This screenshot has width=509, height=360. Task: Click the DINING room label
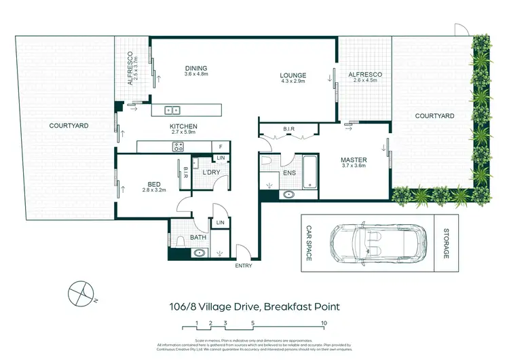pyautogui.click(x=196, y=68)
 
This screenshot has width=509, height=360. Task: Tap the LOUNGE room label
pyautogui.click(x=293, y=75)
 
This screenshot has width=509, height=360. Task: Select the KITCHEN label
pyautogui.click(x=183, y=126)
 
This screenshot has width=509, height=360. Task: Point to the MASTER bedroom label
pyautogui.click(x=353, y=160)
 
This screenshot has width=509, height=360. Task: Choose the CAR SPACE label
pyautogui.click(x=309, y=243)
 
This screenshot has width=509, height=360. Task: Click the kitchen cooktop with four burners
pyautogui.click(x=178, y=146)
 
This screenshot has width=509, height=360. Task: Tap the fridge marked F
pyautogui.click(x=221, y=146)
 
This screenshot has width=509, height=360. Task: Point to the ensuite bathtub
pyautogui.click(x=311, y=173)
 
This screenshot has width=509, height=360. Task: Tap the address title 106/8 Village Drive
pyautogui.click(x=254, y=306)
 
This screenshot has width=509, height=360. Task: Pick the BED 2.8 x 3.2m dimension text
pyautogui.click(x=153, y=190)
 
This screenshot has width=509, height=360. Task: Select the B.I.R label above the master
pyautogui.click(x=288, y=129)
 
